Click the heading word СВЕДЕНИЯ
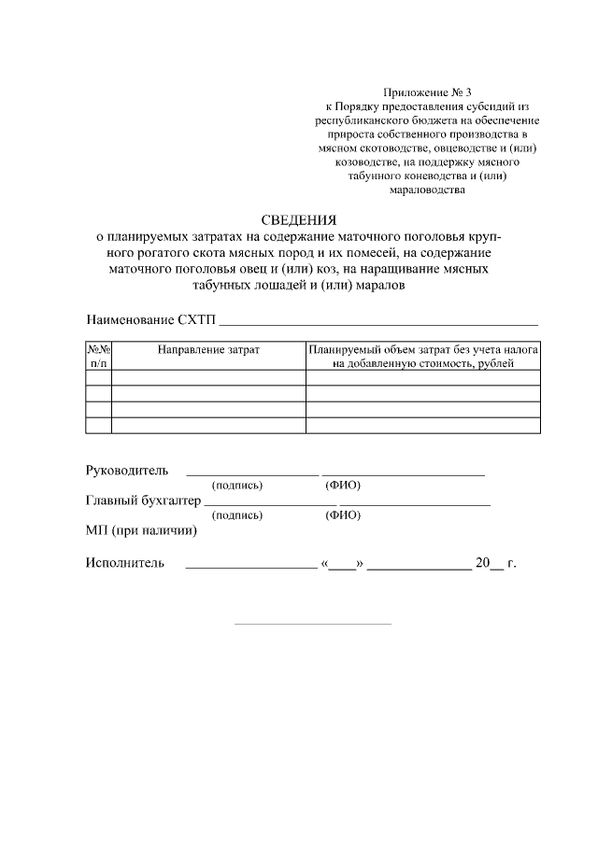pos(298,220)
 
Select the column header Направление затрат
pos(207,348)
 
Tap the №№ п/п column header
pos(99,355)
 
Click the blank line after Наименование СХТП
pos(377,320)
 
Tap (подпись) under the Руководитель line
pos(237,486)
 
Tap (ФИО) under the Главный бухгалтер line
pos(342,515)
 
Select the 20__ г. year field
pos(495,563)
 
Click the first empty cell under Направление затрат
pos(207,377)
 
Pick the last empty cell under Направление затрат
pos(207,425)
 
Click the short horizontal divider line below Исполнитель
pos(311,623)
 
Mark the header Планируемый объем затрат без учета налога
pos(423,348)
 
